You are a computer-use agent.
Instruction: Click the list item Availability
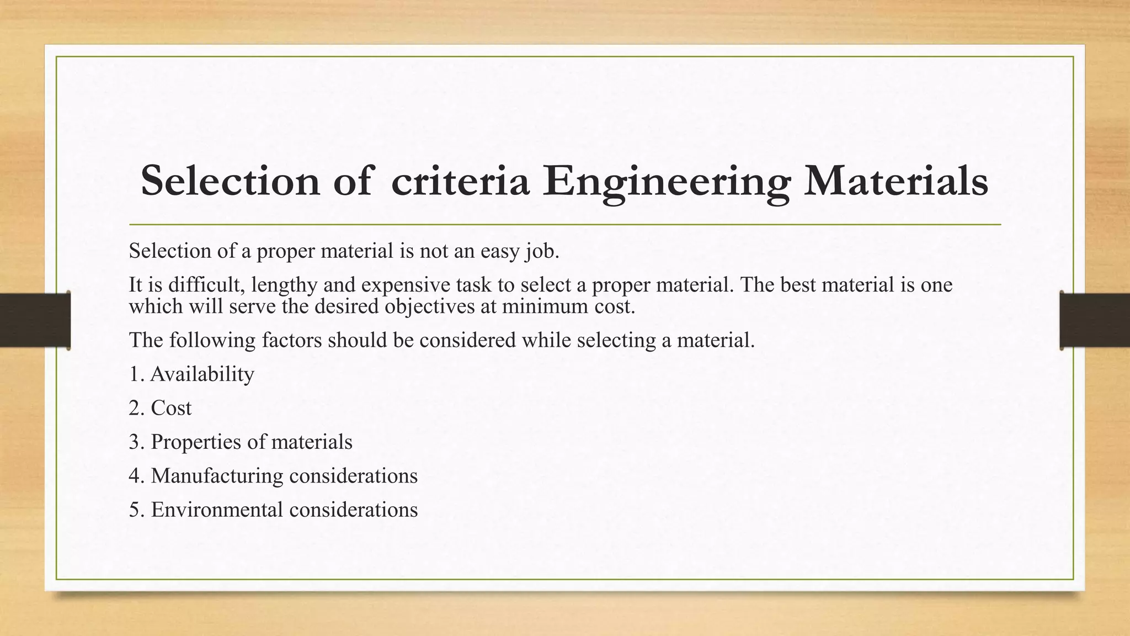[x=202, y=374]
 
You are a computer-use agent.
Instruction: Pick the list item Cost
[x=171, y=408]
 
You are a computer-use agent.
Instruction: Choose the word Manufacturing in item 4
[x=217, y=476]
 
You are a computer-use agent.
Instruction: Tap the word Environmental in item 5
[x=217, y=510]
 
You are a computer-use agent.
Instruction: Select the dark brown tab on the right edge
[x=1095, y=320]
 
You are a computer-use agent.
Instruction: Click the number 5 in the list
[x=134, y=510]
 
